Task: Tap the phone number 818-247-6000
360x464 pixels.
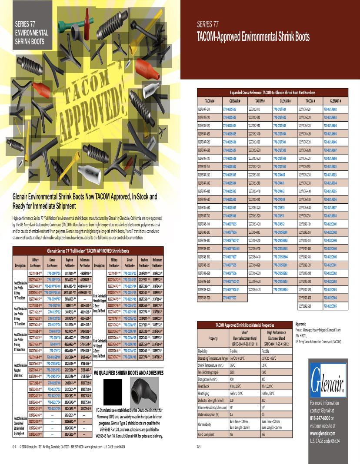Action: tap(324, 415)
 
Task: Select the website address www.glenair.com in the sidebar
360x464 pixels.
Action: tap(325, 433)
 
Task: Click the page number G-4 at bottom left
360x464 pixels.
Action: tap(14, 446)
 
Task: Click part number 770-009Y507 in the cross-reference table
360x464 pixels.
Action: tap(229, 298)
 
